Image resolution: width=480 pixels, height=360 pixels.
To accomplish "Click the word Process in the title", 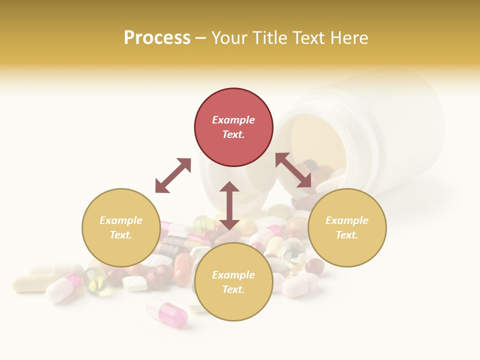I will (157, 37).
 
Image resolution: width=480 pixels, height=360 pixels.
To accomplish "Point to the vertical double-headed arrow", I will (229, 205).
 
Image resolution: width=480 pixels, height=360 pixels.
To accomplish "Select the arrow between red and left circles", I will (173, 175).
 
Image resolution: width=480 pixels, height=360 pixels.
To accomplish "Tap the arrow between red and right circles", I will (294, 170).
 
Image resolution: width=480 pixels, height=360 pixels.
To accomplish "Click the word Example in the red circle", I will (233, 120).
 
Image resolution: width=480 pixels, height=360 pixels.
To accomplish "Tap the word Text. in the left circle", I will (121, 235).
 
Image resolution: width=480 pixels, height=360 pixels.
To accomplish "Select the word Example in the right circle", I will (347, 220).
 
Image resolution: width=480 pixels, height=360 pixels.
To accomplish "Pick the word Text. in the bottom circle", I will (233, 289).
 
